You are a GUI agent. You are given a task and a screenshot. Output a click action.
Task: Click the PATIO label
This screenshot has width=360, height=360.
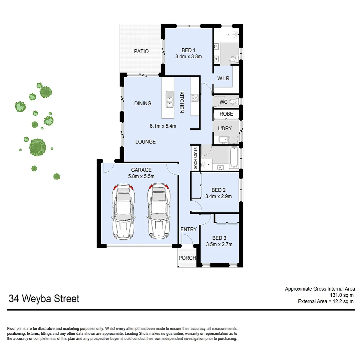pos(141,51)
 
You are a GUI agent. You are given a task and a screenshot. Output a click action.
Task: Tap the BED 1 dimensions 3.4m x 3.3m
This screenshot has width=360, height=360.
pos(188,57)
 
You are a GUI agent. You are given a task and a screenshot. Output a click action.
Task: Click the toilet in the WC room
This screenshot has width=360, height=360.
pos(233,102)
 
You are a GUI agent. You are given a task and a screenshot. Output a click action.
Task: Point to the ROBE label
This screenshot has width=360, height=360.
pos(226,114)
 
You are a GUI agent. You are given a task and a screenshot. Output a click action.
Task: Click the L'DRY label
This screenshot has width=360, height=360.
pos(225,128)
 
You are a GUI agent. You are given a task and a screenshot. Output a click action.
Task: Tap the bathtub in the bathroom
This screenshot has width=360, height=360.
pos(234,157)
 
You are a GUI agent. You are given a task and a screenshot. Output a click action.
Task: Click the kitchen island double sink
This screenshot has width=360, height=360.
pos(170,99)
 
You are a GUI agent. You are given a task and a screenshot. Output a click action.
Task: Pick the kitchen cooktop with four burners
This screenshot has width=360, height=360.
pos(194,98)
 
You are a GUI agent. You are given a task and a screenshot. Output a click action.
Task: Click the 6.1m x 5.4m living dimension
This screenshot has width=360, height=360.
pos(163,126)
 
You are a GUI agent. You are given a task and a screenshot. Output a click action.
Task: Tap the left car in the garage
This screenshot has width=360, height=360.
pos(123,212)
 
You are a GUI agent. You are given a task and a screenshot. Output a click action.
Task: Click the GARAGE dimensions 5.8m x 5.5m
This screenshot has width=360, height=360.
pos(142,176)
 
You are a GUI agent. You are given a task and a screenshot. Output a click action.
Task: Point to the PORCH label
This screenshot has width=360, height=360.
pos(187,258)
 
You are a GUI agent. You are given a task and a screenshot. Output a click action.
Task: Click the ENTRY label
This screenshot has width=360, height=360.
pos(188,229)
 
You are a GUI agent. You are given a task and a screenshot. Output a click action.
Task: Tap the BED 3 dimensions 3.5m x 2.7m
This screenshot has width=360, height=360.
pos(219,244)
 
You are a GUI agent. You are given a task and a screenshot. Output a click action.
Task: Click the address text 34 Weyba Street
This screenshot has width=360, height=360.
pos(44,298)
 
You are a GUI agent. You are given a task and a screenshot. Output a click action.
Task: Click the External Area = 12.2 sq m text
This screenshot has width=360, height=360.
pos(326,301)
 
